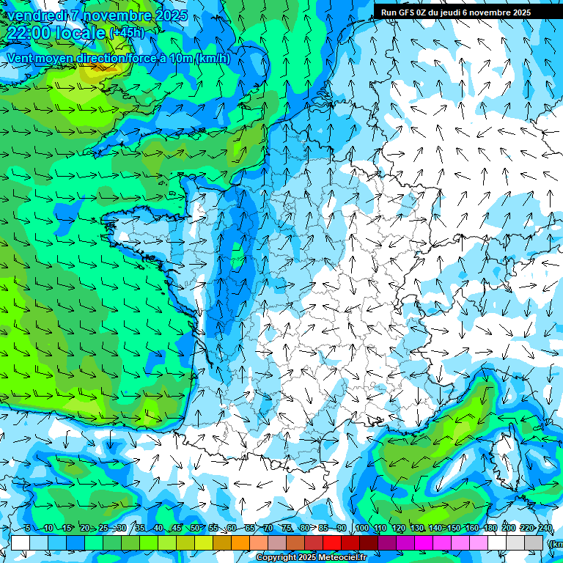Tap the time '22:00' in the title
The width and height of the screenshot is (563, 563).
29,33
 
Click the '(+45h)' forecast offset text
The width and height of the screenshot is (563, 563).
127,33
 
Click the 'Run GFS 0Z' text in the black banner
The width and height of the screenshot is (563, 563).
405,12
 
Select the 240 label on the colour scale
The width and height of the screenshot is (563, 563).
545,529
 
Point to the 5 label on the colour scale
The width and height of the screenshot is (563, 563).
27,529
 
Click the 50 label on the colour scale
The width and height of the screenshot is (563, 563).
194,529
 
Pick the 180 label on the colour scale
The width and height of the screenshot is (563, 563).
489,529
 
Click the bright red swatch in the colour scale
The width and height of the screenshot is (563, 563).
332,542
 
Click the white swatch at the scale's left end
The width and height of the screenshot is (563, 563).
21,542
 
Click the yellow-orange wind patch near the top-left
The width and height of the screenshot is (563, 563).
94,72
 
